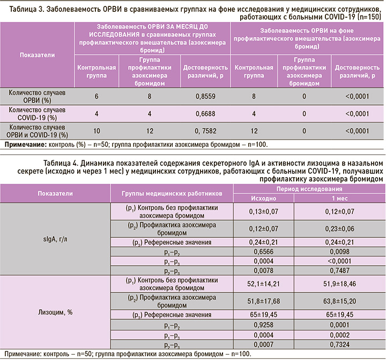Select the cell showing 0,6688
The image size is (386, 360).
tap(198, 114)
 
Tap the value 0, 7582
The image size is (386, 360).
tap(198, 131)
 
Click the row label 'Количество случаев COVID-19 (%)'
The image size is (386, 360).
tap(37, 114)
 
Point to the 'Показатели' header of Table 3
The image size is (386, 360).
tap(37, 56)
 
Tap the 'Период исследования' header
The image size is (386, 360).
tap(308, 189)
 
